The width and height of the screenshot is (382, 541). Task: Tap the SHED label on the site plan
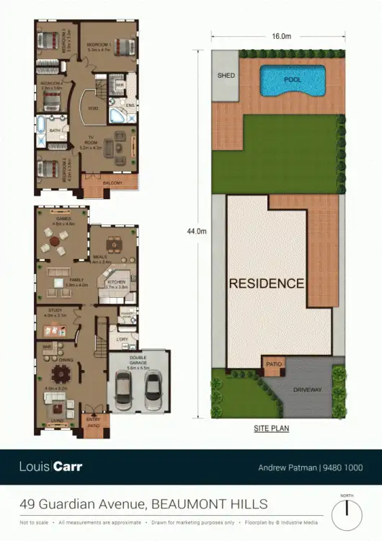click(226, 75)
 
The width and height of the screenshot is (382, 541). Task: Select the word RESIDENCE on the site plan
click(266, 283)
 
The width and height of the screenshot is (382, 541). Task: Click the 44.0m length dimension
click(196, 231)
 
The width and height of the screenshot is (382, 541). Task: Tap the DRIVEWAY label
click(308, 390)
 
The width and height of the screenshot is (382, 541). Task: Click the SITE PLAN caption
click(271, 428)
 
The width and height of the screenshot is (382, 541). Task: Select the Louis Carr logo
click(50, 467)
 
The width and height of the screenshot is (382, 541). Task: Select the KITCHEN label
click(116, 282)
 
